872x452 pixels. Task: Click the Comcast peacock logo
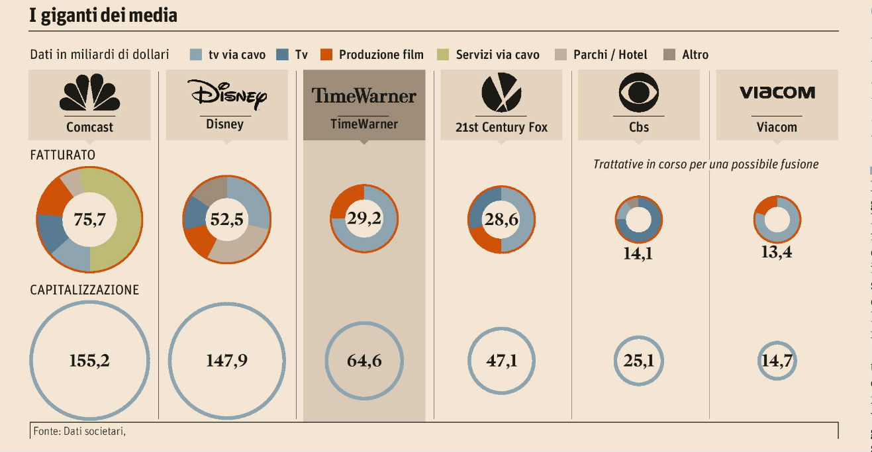click(x=90, y=94)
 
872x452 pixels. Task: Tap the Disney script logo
click(x=226, y=95)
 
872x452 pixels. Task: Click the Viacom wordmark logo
click(x=777, y=93)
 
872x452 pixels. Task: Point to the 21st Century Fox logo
click(x=501, y=93)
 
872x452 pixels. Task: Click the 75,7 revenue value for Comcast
click(x=89, y=219)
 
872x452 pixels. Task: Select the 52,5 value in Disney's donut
click(x=226, y=219)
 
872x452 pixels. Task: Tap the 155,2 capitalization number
click(x=89, y=361)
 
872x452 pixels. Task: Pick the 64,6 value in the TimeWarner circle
click(x=364, y=361)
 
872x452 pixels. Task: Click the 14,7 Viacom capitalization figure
click(x=777, y=361)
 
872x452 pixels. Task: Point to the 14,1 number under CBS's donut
click(x=638, y=253)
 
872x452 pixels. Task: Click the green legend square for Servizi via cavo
click(x=444, y=55)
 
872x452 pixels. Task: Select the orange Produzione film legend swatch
click(x=326, y=55)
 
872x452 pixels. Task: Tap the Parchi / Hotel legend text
click(x=610, y=55)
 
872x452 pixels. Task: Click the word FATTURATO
click(x=63, y=155)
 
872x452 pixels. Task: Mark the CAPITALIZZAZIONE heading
click(x=84, y=290)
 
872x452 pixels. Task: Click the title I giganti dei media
click(x=103, y=16)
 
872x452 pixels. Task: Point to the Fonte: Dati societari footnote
click(x=78, y=431)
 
